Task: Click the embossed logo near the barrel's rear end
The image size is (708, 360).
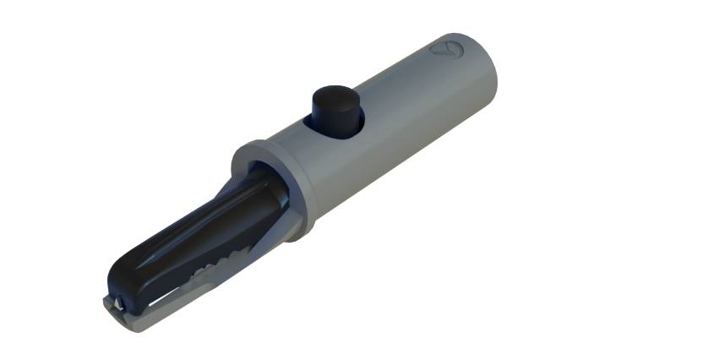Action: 444,48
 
